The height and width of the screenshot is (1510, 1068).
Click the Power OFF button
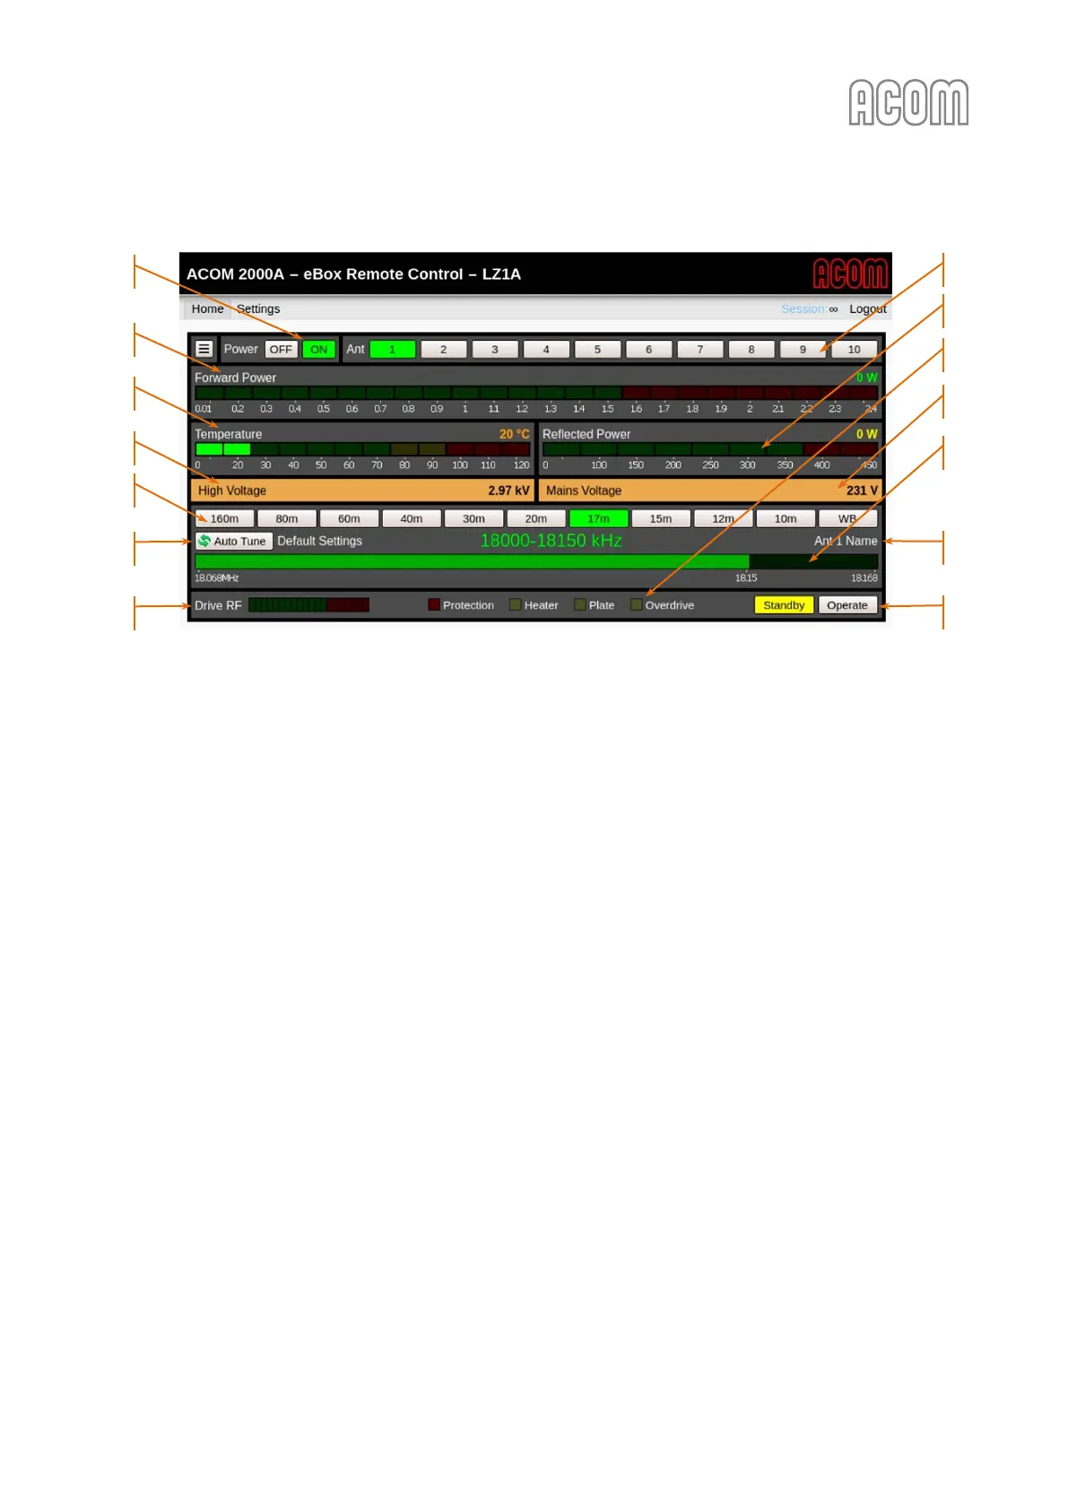tap(281, 350)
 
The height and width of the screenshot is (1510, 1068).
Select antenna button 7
tap(700, 350)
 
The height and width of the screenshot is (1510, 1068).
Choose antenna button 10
tap(854, 350)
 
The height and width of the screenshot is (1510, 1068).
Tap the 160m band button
tap(224, 518)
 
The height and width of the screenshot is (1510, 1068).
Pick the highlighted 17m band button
tap(598, 518)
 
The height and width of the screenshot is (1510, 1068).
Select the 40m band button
tap(412, 518)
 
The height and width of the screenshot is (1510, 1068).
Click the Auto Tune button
tap(233, 541)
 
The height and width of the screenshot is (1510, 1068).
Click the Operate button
tap(847, 605)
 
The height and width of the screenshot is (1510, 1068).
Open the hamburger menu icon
tap(204, 349)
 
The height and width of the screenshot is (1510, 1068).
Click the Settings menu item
tap(258, 308)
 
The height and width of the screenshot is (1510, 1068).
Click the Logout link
tap(867, 308)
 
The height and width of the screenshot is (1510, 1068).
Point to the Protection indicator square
tap(434, 605)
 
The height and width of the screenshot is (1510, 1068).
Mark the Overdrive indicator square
tap(636, 605)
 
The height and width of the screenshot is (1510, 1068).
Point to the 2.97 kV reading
tap(508, 490)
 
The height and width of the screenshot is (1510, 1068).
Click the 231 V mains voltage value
tap(862, 490)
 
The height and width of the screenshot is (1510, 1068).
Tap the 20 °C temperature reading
tap(514, 434)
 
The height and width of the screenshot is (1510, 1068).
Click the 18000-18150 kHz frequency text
tap(551, 541)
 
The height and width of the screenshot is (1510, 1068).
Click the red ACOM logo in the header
tap(849, 273)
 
